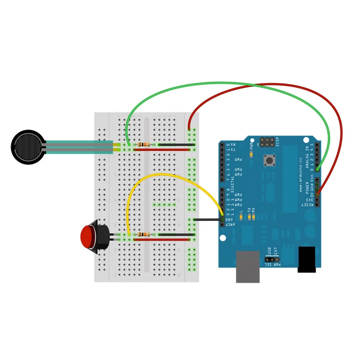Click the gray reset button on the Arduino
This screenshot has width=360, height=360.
click(x=269, y=160)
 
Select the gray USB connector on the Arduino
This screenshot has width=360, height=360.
click(x=248, y=266)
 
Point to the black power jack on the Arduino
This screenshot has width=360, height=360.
click(x=307, y=259)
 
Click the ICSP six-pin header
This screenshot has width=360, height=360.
click(x=267, y=142)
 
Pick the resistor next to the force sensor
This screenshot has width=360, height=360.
click(x=144, y=145)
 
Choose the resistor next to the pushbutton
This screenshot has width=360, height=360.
click(x=144, y=235)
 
